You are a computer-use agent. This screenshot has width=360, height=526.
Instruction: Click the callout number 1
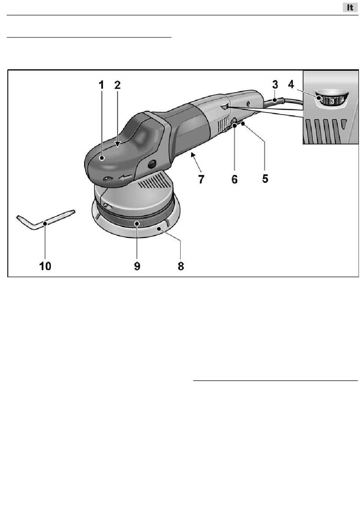click(x=101, y=85)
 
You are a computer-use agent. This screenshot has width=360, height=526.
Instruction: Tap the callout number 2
click(x=117, y=85)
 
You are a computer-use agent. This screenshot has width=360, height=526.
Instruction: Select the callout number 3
click(x=275, y=84)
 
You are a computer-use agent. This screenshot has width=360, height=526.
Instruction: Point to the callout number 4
click(x=291, y=84)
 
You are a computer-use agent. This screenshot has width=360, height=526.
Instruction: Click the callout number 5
click(x=265, y=179)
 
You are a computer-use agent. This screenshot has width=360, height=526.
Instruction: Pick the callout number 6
click(x=235, y=179)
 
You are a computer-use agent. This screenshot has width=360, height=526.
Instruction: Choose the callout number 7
click(x=201, y=179)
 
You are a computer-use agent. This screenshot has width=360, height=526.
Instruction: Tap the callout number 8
click(x=181, y=266)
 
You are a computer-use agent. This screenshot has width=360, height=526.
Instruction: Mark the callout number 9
click(x=137, y=266)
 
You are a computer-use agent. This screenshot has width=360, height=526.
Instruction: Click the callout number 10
click(x=45, y=266)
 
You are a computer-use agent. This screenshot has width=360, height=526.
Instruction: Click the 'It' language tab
click(x=350, y=8)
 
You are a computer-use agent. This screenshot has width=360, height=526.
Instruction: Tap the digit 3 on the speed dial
click(x=332, y=101)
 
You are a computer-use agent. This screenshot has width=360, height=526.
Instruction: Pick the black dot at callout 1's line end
click(x=102, y=158)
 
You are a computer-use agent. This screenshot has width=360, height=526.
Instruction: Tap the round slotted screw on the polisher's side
click(x=152, y=164)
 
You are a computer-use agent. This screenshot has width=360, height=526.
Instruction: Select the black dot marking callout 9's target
click(x=137, y=223)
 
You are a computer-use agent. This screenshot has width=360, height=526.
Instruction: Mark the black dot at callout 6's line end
click(x=235, y=126)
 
